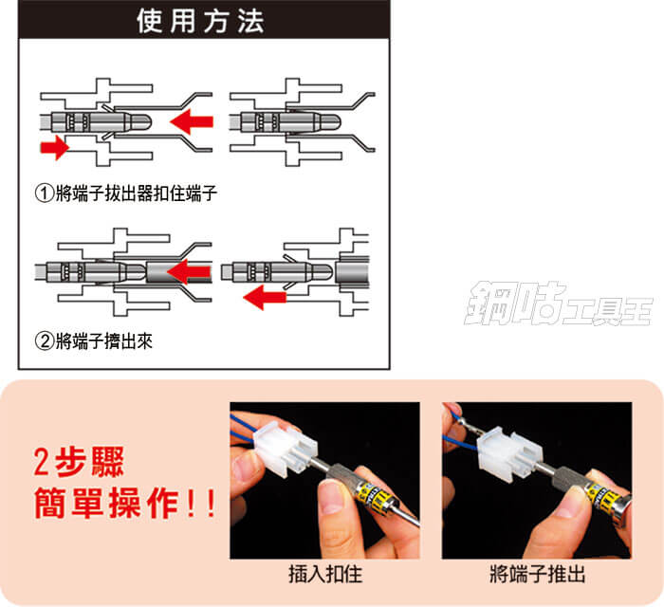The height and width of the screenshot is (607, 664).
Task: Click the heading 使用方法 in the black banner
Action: pos(200,21)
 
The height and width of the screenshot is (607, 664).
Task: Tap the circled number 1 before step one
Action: pos(44,193)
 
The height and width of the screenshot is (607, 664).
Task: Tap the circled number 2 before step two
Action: pos(44,341)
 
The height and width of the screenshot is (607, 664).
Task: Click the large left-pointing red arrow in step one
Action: pos(192,121)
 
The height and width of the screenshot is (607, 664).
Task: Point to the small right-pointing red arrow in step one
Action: pos(54,148)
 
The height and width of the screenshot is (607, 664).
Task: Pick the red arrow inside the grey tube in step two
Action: pos(189,272)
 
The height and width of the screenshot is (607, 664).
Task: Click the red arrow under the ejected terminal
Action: pos(265,297)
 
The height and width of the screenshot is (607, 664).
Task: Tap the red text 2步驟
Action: pos(79,462)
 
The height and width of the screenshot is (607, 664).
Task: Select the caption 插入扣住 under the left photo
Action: pos(325,575)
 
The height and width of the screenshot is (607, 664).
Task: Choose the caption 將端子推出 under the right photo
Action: pos(537,575)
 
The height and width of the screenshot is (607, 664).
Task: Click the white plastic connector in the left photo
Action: pos(286,449)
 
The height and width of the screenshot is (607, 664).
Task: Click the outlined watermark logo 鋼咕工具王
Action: pos(559,303)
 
